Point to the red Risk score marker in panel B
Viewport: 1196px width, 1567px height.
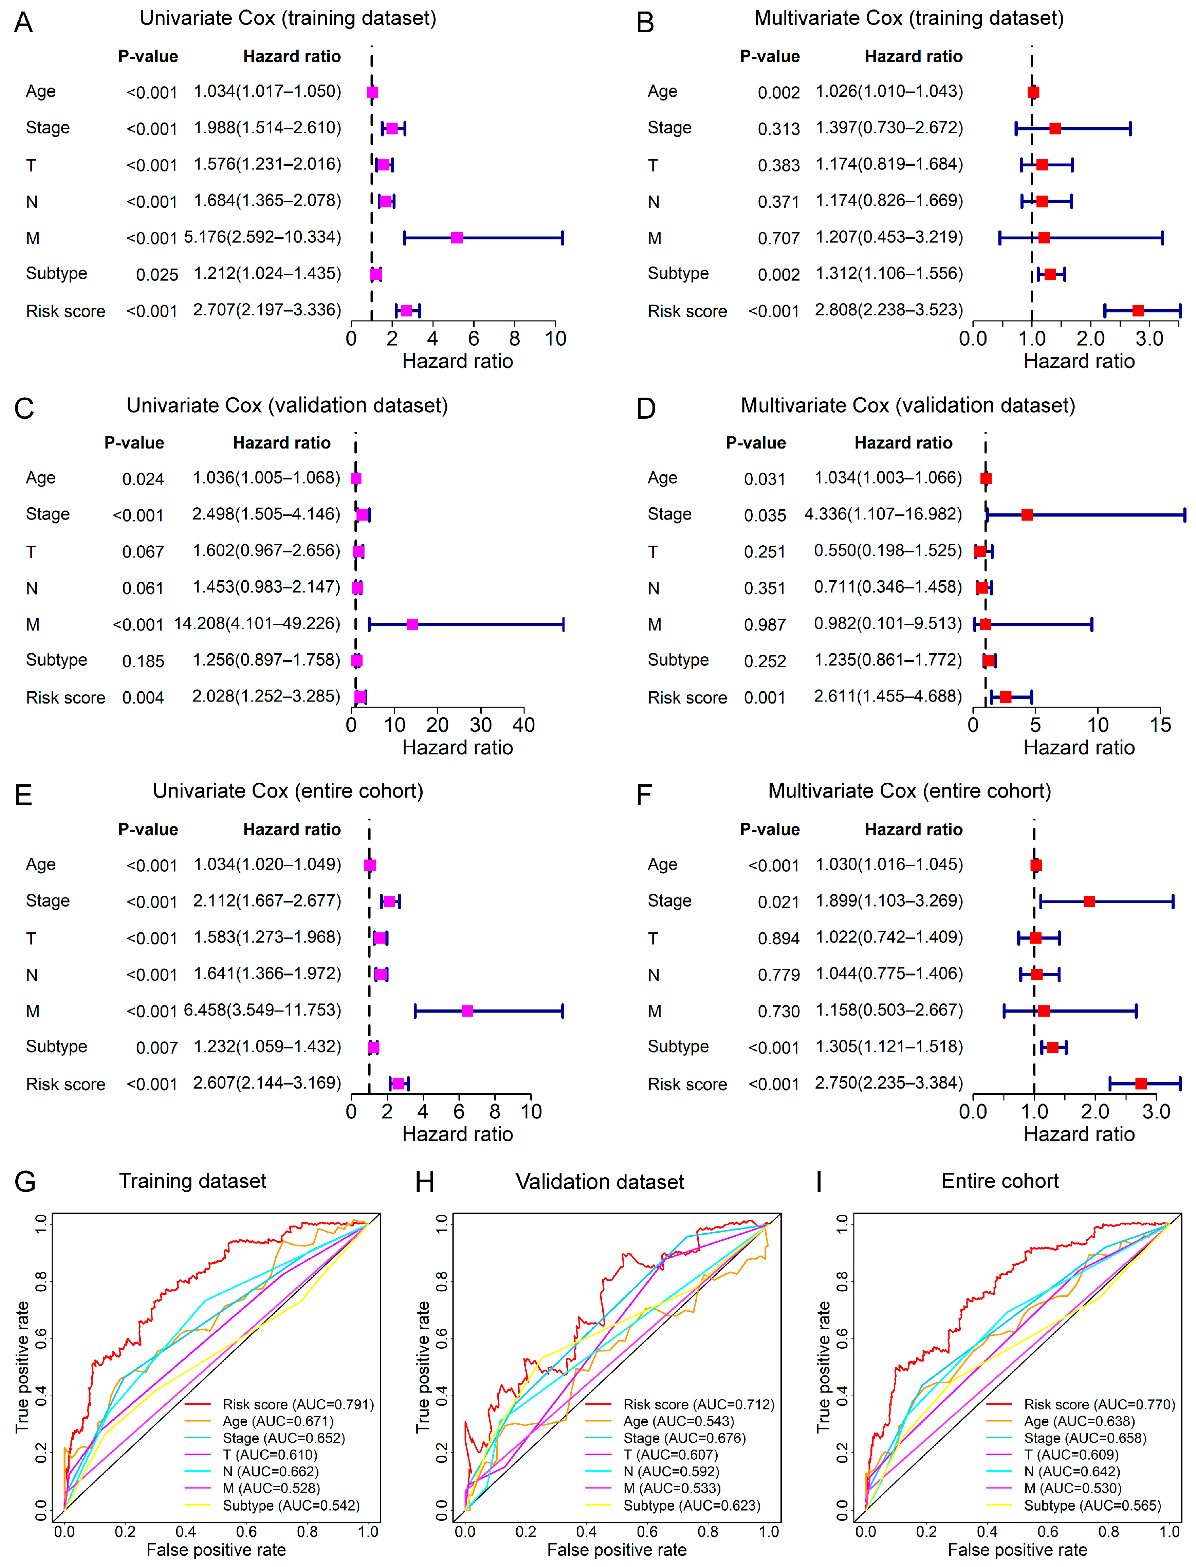tap(1138, 310)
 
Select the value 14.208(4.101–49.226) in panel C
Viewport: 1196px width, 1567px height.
tap(257, 624)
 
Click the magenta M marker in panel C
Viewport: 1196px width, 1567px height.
tap(412, 624)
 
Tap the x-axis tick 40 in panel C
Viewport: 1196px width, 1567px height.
tap(524, 725)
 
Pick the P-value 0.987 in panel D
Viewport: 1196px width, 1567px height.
tap(765, 625)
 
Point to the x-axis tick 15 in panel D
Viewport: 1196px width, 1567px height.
tap(1160, 725)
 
